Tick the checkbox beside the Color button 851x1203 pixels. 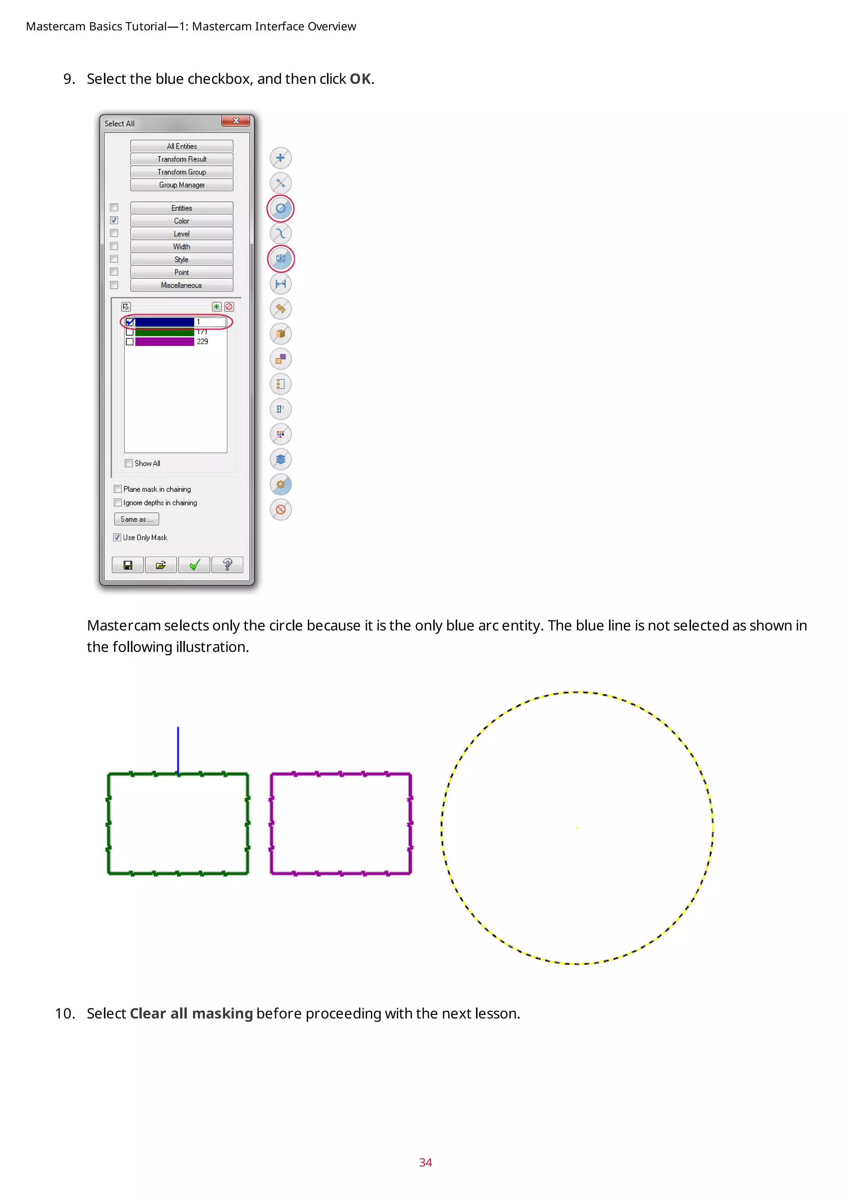pos(114,221)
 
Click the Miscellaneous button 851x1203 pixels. pos(181,285)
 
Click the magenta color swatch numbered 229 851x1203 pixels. pos(165,341)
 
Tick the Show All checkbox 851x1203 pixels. pos(129,463)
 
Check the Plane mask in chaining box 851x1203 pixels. pos(118,489)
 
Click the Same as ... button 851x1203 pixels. pos(136,519)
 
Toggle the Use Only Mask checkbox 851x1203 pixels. pos(117,538)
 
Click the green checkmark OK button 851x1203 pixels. pos(194,565)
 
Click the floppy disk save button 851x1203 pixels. pos(128,565)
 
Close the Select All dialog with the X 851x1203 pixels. pos(236,121)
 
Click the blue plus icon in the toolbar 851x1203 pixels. pos(280,158)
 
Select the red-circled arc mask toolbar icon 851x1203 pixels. pos(280,208)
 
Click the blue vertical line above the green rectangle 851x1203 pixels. pos(178,749)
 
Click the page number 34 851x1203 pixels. pos(425,1162)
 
